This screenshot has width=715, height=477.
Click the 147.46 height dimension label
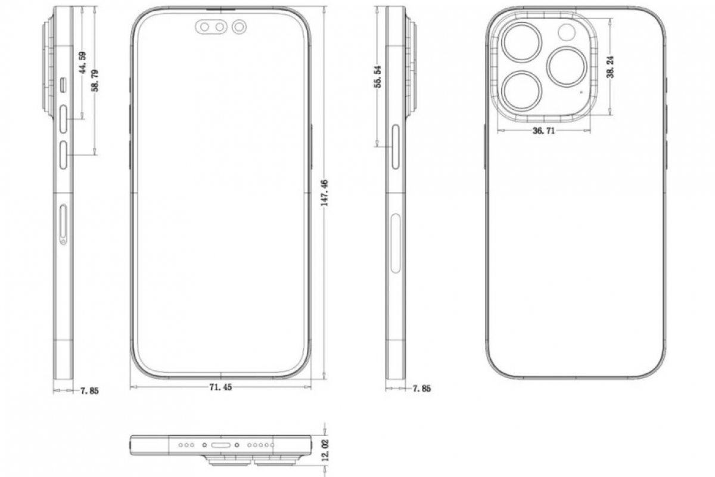point(325,193)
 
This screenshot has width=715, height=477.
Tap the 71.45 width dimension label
point(220,387)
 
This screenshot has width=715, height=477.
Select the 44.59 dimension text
point(83,63)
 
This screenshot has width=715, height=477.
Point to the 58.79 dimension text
point(95,80)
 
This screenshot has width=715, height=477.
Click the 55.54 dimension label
point(378,76)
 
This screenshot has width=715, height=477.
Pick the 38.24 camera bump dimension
point(610,67)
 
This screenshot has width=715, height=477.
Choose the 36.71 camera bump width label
point(543,131)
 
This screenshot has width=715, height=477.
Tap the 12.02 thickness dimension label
point(325,450)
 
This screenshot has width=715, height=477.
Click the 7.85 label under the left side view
point(89,391)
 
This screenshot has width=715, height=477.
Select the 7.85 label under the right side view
point(422,389)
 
